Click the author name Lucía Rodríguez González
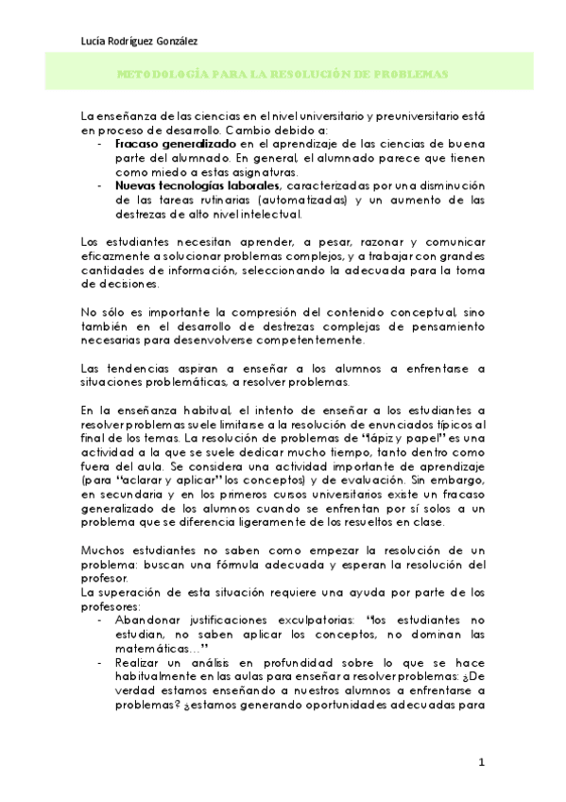coord(141,40)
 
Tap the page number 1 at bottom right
coord(481,762)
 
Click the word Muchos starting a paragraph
coord(104,549)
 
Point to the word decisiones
coord(123,286)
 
